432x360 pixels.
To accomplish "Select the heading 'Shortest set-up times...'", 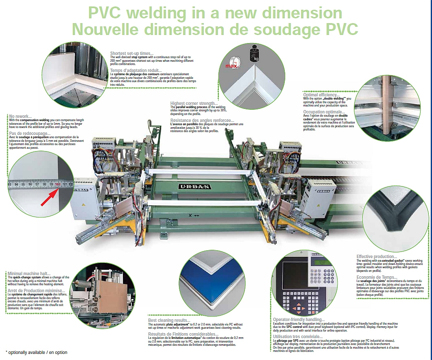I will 132,53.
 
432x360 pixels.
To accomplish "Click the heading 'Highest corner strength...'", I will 194,104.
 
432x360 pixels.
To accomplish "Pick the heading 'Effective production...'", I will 377,256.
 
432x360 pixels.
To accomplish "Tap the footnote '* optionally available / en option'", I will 37,352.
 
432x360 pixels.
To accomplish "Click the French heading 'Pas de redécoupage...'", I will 29,133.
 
